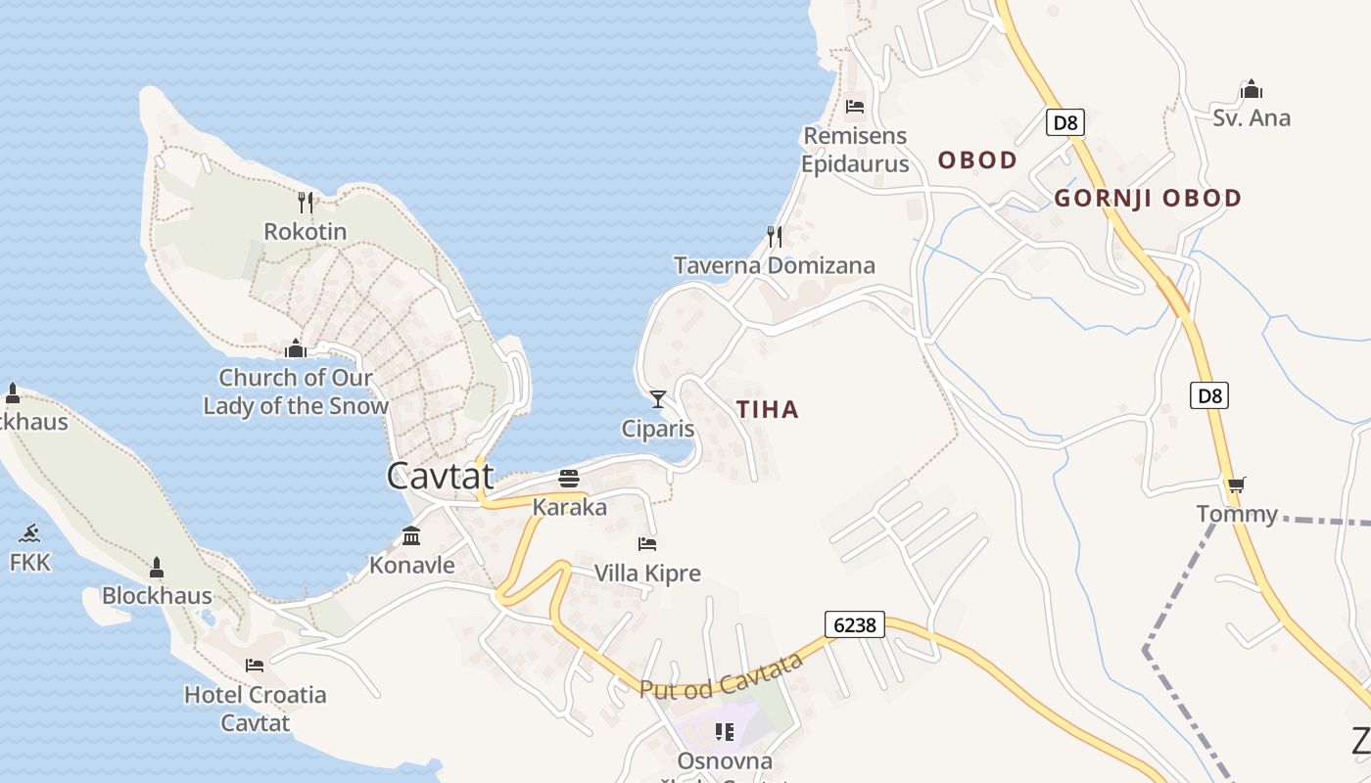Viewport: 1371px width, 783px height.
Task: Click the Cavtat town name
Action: tap(440, 477)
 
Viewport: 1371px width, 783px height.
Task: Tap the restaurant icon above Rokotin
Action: tap(306, 203)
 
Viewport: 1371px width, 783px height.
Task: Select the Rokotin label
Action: tap(306, 232)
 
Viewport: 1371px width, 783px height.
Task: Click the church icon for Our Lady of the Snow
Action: tap(295, 348)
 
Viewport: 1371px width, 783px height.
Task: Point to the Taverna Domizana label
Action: tap(775, 265)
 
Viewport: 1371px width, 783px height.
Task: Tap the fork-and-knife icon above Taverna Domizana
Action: tap(774, 236)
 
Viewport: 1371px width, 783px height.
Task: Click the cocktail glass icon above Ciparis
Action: tap(658, 398)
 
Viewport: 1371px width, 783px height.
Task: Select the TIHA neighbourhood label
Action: tap(768, 410)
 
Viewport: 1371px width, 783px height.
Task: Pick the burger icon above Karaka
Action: tap(569, 479)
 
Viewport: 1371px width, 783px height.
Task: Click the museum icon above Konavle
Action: tap(411, 535)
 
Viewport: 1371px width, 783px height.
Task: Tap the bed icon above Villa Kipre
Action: tap(646, 543)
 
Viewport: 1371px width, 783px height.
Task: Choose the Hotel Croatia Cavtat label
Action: tap(256, 709)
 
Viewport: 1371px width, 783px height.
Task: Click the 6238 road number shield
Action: tap(854, 624)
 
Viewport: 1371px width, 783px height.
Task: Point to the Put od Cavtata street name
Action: tap(721, 676)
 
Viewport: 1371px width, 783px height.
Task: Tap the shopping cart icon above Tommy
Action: tap(1236, 484)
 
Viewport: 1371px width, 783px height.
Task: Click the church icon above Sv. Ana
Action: tap(1251, 90)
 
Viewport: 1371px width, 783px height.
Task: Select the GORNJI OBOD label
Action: tap(1148, 199)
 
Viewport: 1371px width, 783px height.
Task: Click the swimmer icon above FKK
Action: tap(29, 533)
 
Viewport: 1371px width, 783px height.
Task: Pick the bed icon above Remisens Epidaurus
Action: tap(855, 107)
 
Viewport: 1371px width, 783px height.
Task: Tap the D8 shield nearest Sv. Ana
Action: tap(1066, 122)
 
